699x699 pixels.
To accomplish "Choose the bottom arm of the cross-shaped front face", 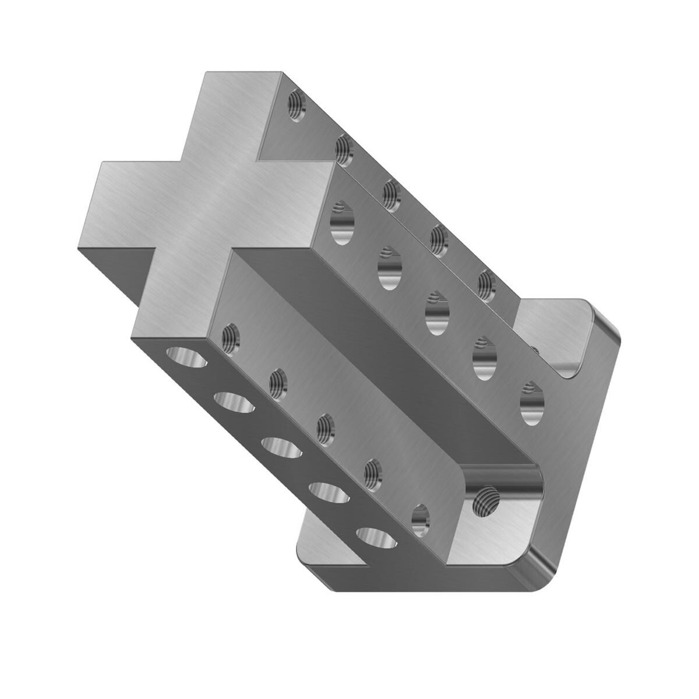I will [175, 297].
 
